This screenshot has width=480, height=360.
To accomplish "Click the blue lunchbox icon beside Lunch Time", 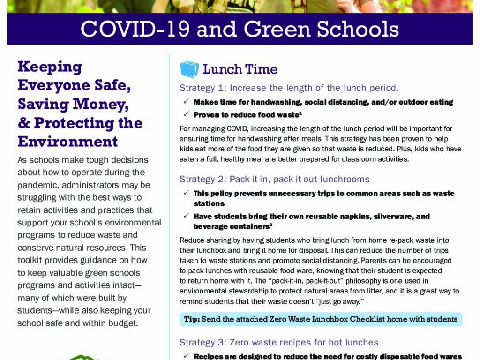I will tap(189, 69).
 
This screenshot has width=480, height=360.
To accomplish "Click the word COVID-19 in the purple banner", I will tap(135, 29).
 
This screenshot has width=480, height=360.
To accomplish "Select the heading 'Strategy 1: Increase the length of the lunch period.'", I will tap(289, 88).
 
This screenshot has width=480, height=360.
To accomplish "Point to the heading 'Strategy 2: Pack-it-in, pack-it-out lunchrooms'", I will tap(274, 179).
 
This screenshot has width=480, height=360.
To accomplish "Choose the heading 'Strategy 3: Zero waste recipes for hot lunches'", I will tap(279, 342).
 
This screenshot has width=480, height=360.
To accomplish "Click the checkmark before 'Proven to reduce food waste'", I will tap(186, 114).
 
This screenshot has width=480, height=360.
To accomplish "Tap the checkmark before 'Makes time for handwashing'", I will tap(186, 102).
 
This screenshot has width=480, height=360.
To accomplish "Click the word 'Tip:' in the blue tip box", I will tap(192, 319).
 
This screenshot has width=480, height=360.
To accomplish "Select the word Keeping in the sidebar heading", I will tap(50, 67).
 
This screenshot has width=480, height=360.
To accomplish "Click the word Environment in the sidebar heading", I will tap(68, 141).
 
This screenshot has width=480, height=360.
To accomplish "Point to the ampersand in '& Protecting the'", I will tap(23, 123).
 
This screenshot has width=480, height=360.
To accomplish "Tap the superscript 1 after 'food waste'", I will tap(300, 112).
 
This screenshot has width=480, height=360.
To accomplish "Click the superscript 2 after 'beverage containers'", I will tap(271, 225).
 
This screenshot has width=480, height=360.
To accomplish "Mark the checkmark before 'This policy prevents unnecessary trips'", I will tap(186, 193).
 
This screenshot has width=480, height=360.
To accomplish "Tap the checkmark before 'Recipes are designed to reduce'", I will tap(186, 356).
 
